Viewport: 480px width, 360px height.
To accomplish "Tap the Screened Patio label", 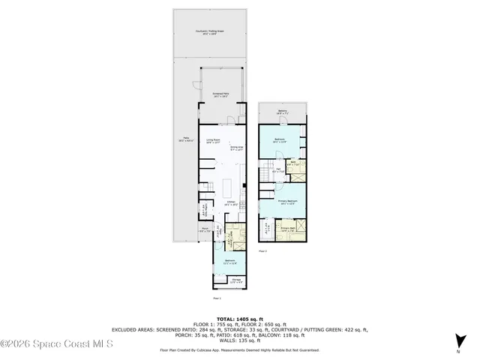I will [x=221, y=95].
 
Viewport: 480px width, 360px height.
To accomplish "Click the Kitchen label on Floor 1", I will [x=231, y=202].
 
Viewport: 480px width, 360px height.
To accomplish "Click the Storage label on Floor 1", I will [x=235, y=281].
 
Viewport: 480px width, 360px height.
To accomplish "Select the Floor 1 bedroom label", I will [x=229, y=262].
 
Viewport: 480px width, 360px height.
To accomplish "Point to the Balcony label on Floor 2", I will [x=282, y=112].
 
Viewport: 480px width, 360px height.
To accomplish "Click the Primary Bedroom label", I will [x=289, y=202].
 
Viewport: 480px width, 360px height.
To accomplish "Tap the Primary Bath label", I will [x=289, y=230].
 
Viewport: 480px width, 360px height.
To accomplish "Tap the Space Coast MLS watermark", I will [x=56, y=344].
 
